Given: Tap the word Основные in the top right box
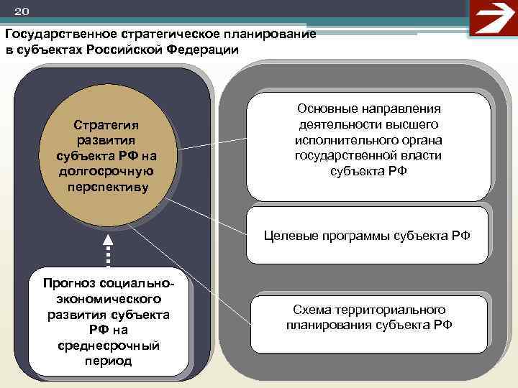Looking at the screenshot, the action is click(x=325, y=108).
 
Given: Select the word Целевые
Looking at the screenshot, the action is click(x=291, y=235).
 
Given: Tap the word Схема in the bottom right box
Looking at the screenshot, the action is click(x=311, y=309).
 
